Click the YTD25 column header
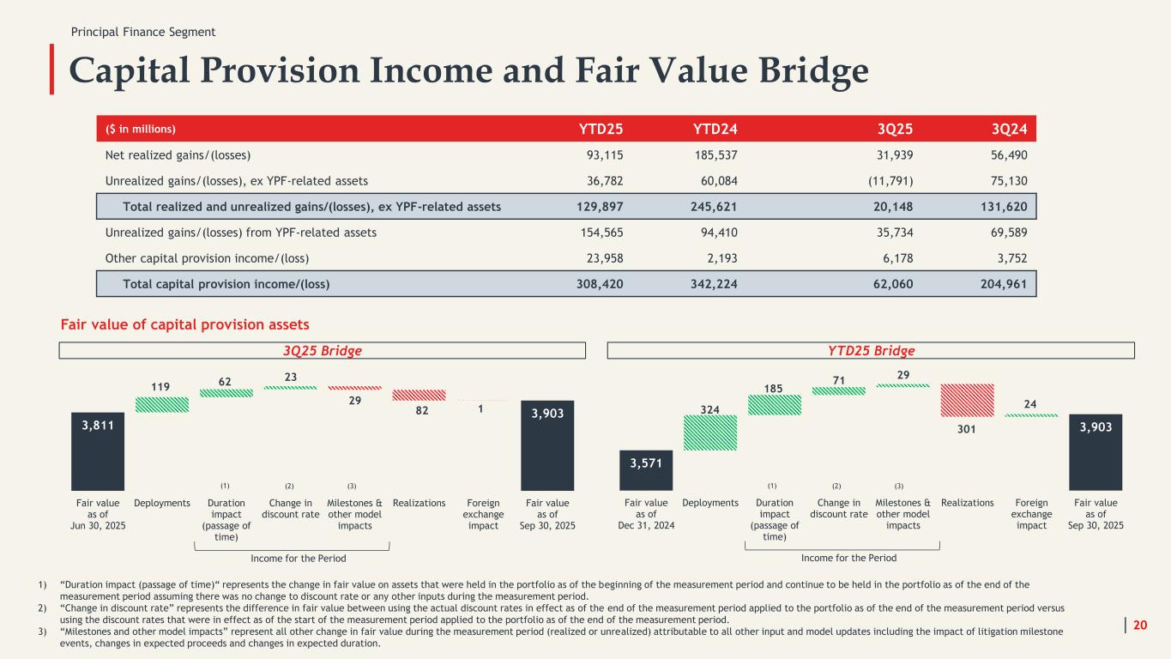pos(601,130)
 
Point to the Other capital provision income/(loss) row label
pos(207,257)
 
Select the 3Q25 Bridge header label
pos(323,351)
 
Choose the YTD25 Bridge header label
pos(871,351)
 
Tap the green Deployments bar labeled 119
pos(162,404)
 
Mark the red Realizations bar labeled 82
pos(420,396)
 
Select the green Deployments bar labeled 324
pos(710,432)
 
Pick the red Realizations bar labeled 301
pos(967,400)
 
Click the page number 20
pos(1140,626)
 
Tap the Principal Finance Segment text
pos(143,32)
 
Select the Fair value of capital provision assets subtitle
pos(184,324)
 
